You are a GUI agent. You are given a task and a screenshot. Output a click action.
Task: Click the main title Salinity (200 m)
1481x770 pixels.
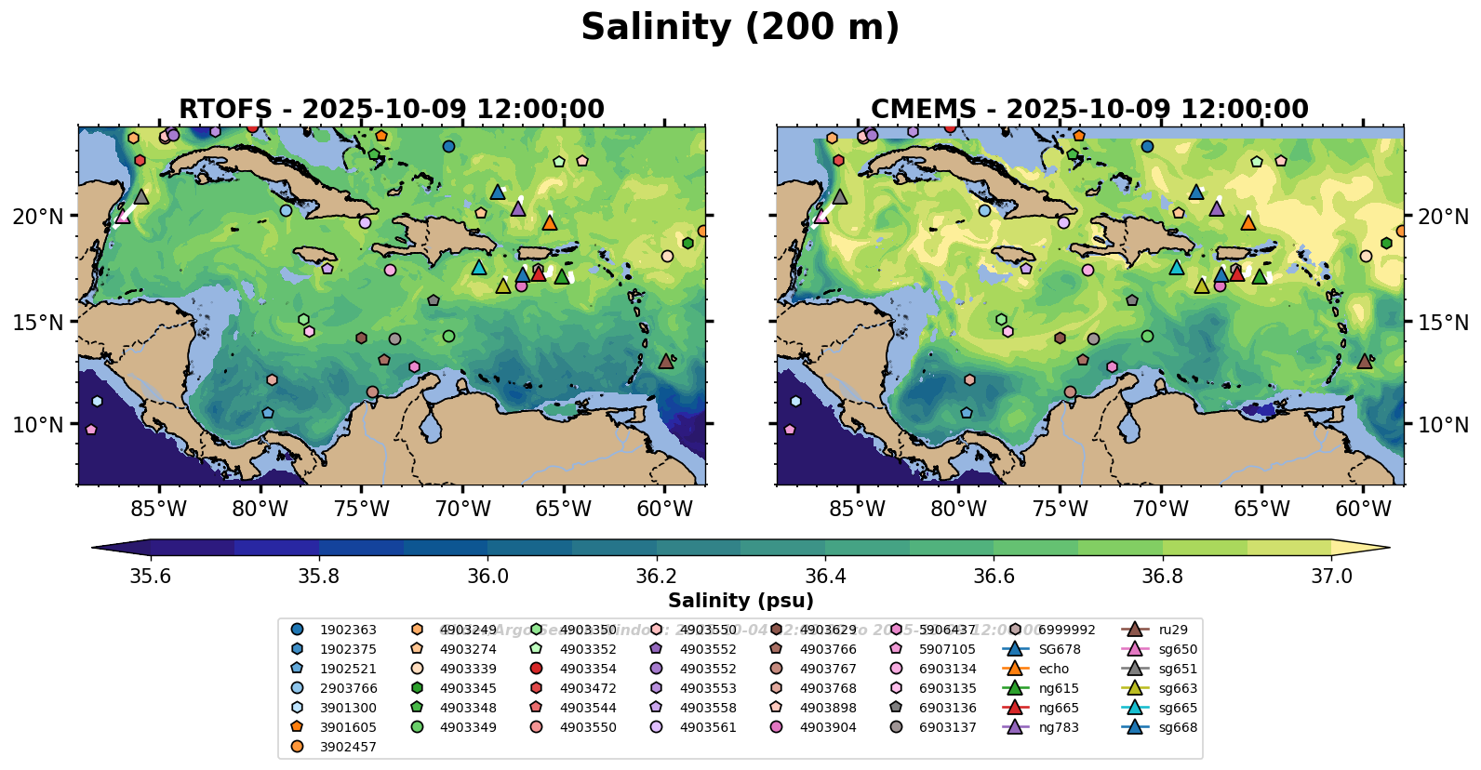pyautogui.click(x=740, y=28)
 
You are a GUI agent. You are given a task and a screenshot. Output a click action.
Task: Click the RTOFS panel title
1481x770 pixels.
pyautogui.click(x=392, y=109)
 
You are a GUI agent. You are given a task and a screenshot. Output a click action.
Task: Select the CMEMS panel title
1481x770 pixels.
pyautogui.click(x=1089, y=109)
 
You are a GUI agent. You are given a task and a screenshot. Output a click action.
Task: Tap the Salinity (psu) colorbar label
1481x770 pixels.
pyautogui.click(x=740, y=601)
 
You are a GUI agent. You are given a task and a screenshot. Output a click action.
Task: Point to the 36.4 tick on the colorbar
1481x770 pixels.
pyautogui.click(x=825, y=577)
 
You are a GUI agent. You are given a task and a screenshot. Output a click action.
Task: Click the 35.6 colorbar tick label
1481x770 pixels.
pyautogui.click(x=151, y=577)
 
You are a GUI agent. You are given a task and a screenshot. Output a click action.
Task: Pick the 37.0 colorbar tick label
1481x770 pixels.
pyautogui.click(x=1331, y=577)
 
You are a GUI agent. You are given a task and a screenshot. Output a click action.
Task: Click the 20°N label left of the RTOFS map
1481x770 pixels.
pyautogui.click(x=38, y=217)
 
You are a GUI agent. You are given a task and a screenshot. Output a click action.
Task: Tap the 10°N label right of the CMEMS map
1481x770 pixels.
pyautogui.click(x=1443, y=425)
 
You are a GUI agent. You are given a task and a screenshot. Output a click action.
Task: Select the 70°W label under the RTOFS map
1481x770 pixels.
pyautogui.click(x=462, y=510)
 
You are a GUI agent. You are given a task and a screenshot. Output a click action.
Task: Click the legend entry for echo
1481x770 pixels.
pyautogui.click(x=1054, y=669)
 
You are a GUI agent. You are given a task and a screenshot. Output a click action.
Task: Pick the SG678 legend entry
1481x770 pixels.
pyautogui.click(x=1060, y=649)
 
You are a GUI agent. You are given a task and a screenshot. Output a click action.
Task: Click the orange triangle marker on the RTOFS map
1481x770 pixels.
pyautogui.click(x=550, y=222)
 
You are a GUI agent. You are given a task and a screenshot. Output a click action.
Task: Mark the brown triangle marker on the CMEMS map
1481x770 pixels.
pyautogui.click(x=1365, y=361)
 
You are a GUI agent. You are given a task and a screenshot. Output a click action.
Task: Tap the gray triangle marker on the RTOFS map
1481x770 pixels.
pyautogui.click(x=141, y=196)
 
